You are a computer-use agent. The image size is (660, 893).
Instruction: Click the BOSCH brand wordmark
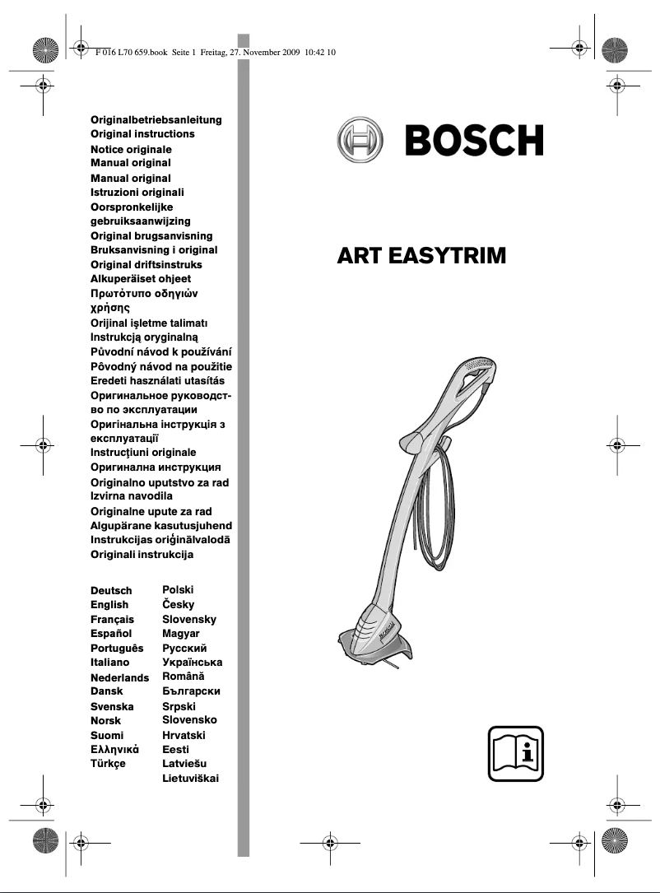(473, 141)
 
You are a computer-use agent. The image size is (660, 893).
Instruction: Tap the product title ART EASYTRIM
(421, 257)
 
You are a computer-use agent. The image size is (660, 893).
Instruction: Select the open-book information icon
(515, 753)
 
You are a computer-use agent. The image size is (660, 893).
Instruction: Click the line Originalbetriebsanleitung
(156, 119)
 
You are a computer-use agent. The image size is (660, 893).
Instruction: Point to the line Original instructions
(142, 133)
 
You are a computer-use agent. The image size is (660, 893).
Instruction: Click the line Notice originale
(131, 149)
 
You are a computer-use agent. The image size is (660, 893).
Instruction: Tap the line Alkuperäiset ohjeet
(140, 279)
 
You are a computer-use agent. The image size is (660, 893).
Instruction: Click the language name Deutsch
(111, 591)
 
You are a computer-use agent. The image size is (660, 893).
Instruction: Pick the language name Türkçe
(108, 764)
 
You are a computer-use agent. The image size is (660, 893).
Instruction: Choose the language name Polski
(179, 590)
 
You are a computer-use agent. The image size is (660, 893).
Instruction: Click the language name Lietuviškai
(191, 778)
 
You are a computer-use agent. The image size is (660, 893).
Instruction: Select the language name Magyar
(181, 634)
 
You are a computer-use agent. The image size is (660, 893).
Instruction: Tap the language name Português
(117, 648)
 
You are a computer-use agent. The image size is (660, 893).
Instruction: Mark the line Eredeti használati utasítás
(157, 381)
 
